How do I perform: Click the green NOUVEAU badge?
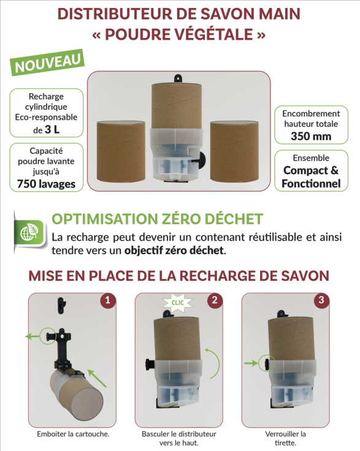tap(47, 63)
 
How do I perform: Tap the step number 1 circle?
tap(108, 301)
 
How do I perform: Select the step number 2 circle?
tap(215, 301)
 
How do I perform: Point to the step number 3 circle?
tap(321, 301)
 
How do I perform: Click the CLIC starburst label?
tap(178, 303)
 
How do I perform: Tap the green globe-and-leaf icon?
tap(30, 232)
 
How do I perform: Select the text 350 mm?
tap(311, 136)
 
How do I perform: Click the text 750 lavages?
tap(47, 184)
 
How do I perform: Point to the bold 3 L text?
tap(52, 130)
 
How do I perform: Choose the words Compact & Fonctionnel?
tap(311, 177)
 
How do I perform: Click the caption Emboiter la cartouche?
tap(73, 434)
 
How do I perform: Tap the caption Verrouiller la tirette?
tap(285, 438)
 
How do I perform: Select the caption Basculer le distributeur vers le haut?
tap(178, 438)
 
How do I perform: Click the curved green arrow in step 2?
tap(218, 363)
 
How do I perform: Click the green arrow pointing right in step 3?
tap(251, 363)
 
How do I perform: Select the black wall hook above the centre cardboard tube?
tap(178, 78)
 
